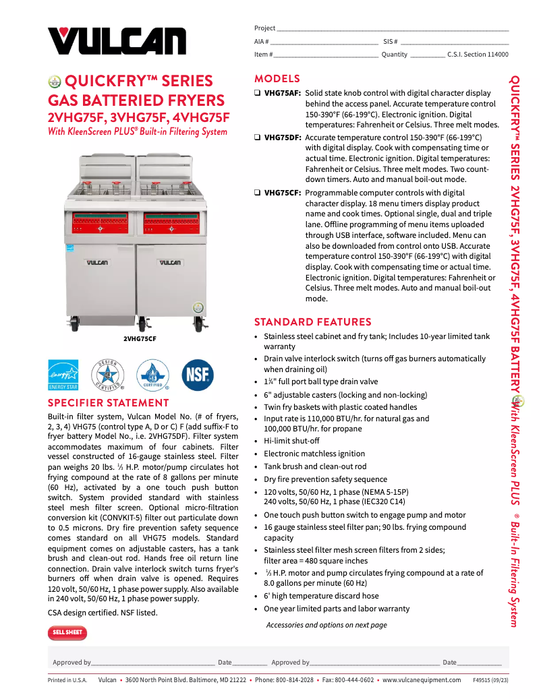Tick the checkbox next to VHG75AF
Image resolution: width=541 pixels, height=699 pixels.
(257, 93)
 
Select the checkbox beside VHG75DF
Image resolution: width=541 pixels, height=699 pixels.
(257, 138)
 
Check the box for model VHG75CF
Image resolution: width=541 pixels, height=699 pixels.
(257, 193)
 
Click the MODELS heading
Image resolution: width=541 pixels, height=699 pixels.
(277, 79)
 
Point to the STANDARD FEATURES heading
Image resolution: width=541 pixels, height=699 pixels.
(312, 322)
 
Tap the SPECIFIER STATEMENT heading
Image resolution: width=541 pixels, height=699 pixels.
(108, 403)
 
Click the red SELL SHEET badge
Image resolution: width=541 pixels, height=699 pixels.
(67, 632)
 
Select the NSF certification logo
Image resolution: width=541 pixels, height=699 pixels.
(198, 375)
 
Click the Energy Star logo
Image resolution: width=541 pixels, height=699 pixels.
(63, 375)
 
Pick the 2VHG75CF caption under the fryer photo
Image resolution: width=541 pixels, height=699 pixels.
(140, 339)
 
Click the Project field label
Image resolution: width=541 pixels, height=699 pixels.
(264, 28)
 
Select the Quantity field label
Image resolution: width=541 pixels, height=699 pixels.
(394, 55)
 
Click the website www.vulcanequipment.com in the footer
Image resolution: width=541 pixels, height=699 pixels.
(422, 680)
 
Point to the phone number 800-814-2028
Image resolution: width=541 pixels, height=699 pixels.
(293, 680)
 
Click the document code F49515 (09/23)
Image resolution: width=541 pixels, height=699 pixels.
(490, 680)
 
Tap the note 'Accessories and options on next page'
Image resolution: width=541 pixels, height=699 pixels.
(326, 625)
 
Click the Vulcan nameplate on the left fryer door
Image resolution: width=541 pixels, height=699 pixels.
(97, 262)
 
